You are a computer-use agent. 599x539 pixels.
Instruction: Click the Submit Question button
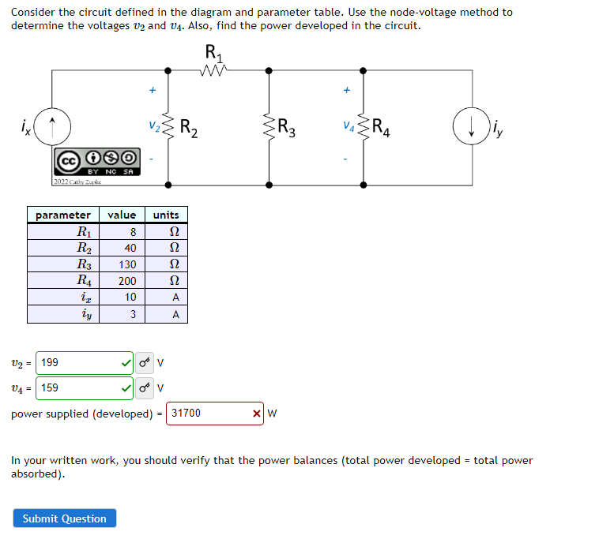coord(64,518)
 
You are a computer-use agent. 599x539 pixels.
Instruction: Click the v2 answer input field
coord(79,363)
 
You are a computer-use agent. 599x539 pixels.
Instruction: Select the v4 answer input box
coord(79,388)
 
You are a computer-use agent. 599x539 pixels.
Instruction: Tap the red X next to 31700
coord(257,414)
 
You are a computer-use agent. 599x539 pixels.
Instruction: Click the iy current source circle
coord(471,127)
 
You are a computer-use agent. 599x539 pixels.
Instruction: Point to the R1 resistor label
coord(213,52)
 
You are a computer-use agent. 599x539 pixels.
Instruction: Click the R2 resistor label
coord(189,126)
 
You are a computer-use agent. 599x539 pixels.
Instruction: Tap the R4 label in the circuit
coord(380,126)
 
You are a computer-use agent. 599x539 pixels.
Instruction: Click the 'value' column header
coord(122,215)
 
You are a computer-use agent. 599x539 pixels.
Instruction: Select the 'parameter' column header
coord(63,215)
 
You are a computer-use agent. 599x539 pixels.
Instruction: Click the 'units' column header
coord(166,215)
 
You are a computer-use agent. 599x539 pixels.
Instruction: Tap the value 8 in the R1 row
coord(133,232)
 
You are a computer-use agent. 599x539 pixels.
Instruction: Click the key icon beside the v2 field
coord(144,364)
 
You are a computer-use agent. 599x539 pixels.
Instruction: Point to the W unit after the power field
coord(273,414)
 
